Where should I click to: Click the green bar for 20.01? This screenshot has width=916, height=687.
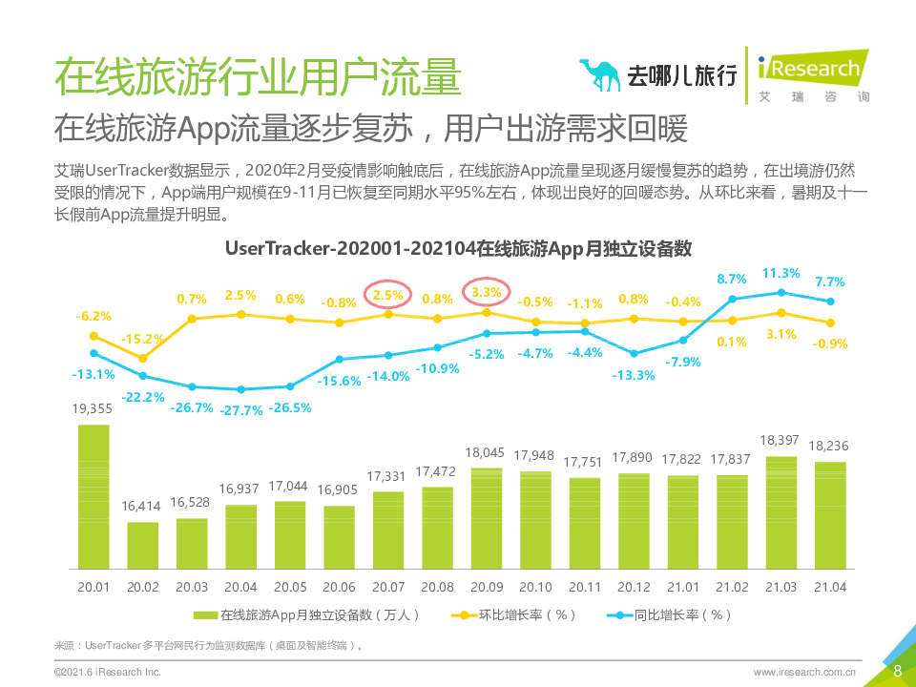[x=94, y=496]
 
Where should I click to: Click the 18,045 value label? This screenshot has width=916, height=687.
[x=488, y=452]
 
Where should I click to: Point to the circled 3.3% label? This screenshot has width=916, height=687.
[x=487, y=291]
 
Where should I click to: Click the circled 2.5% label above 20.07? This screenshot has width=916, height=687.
[x=388, y=295]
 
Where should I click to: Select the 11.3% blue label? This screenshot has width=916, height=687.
[x=781, y=273]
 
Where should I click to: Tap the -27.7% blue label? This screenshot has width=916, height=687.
[x=241, y=410]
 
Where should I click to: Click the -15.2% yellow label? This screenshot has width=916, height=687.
[x=144, y=339]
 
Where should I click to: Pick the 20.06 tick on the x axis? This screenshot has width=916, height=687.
[x=340, y=587]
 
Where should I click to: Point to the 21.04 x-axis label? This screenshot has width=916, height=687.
[x=830, y=587]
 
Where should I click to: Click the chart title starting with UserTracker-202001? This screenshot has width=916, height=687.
[x=458, y=248]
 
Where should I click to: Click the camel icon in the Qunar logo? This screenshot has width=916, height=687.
[x=600, y=75]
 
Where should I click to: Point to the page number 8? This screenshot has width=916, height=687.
[x=897, y=671]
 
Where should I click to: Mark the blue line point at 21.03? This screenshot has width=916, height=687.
[x=781, y=293]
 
